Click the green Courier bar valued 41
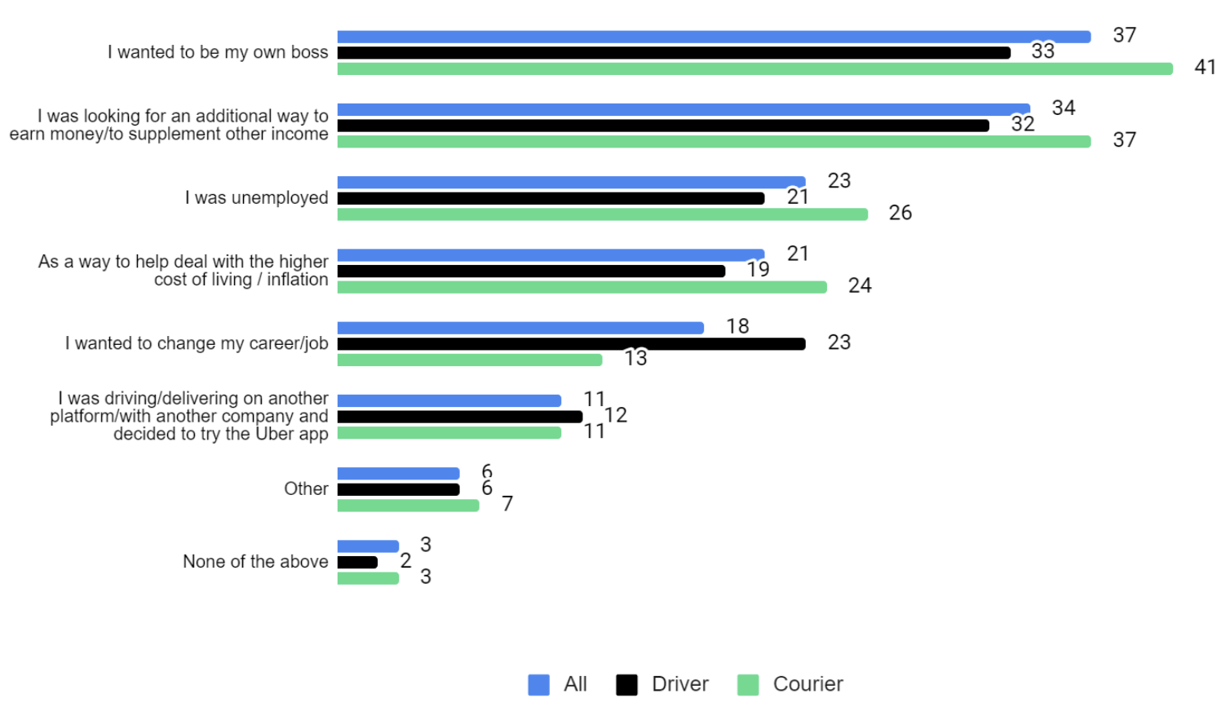pyautogui.click(x=754, y=69)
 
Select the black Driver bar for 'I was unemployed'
pyautogui.click(x=551, y=198)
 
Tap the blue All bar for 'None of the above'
pyautogui.click(x=368, y=546)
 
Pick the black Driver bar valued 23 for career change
pyautogui.click(x=571, y=344)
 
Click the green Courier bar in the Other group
pyautogui.click(x=408, y=506)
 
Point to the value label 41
pyautogui.click(x=1205, y=68)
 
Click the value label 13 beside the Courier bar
pyautogui.click(x=635, y=358)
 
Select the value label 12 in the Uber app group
pyautogui.click(x=616, y=415)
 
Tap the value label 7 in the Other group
pyautogui.click(x=507, y=504)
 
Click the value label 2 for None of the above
pyautogui.click(x=405, y=561)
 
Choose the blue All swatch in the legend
pyautogui.click(x=538, y=685)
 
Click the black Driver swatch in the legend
pyautogui.click(x=626, y=685)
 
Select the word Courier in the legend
pyautogui.click(x=807, y=684)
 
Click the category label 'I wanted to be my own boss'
pyautogui.click(x=218, y=52)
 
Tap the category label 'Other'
pyautogui.click(x=306, y=488)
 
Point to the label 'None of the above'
pyautogui.click(x=255, y=561)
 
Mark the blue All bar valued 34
pyautogui.click(x=684, y=109)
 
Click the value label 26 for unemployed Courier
pyautogui.click(x=900, y=213)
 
